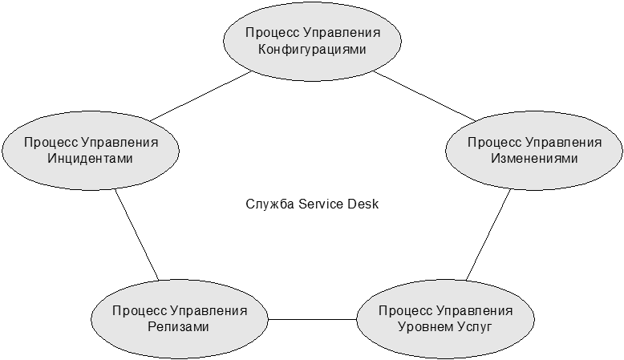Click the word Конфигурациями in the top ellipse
(312, 50)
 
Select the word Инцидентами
(90, 159)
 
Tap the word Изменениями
(534, 159)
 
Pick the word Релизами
(178, 327)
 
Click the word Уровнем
(425, 327)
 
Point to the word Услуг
(475, 327)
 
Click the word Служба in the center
(269, 204)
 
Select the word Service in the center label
(321, 204)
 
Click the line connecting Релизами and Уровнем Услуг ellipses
(312, 319)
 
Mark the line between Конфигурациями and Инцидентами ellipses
(201, 96)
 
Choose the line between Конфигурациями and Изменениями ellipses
(424, 96)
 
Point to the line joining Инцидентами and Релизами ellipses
(137, 235)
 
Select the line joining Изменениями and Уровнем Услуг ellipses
(488, 235)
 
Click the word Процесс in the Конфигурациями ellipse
(272, 33)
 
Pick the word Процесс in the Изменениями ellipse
(494, 143)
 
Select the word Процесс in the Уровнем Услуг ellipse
(405, 310)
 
